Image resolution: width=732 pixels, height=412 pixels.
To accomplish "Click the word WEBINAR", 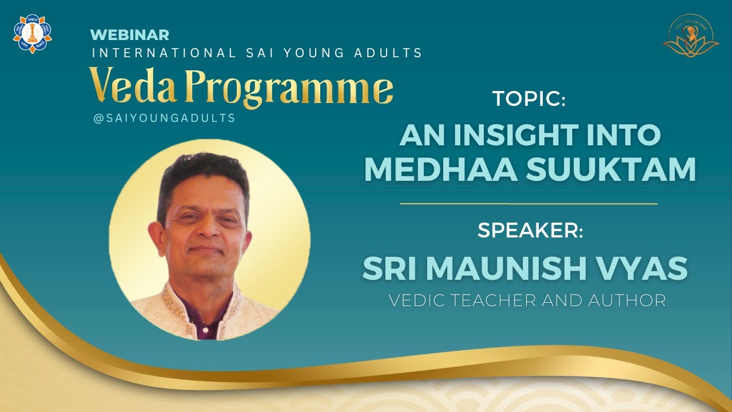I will tap(129, 35).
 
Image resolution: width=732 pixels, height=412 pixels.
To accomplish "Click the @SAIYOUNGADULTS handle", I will tap(164, 118).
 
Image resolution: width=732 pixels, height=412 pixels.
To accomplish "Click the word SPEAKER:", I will tap(530, 231).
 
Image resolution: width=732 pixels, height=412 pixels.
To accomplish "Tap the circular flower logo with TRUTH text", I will tap(33, 34).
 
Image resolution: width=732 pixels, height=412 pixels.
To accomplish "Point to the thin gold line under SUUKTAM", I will tap(528, 203).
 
